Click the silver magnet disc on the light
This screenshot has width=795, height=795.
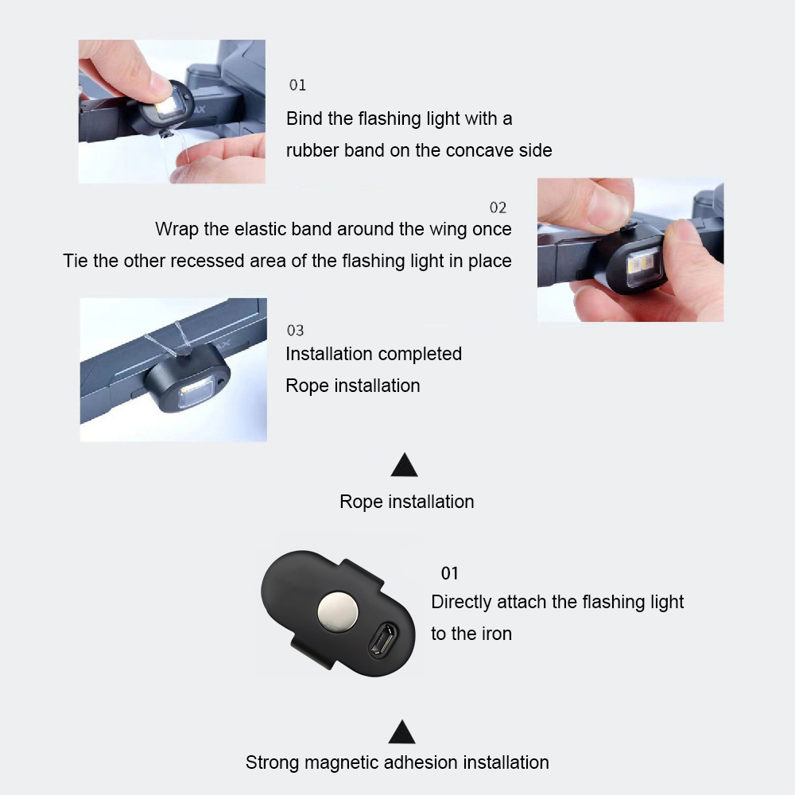click(x=338, y=611)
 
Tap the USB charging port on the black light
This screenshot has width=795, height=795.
click(x=383, y=640)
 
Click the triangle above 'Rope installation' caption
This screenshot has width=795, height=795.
click(x=404, y=465)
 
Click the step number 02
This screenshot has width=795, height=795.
click(x=498, y=207)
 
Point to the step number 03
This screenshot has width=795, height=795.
click(x=295, y=331)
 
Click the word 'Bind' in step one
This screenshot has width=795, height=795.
click(x=304, y=118)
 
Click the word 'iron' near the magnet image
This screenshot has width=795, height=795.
click(x=496, y=634)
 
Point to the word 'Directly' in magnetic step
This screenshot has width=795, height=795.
click(x=461, y=603)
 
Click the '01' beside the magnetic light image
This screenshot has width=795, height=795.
click(x=450, y=573)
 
